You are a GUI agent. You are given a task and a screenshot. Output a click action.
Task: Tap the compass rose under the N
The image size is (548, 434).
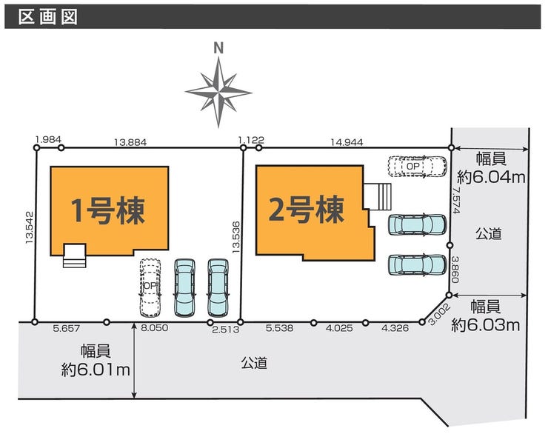[x=218, y=92]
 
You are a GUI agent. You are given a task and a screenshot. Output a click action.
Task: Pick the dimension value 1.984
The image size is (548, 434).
[x=47, y=139]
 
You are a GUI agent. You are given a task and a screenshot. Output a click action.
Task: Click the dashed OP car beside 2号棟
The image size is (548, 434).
[x=418, y=167]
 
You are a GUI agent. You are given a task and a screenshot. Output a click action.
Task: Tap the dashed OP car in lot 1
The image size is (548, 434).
[x=150, y=287]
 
